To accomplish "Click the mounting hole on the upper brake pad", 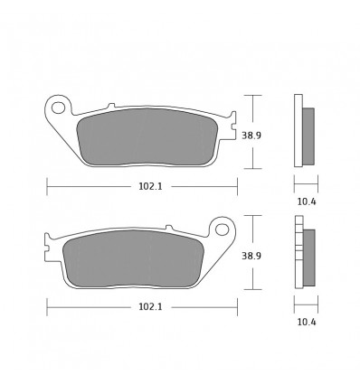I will click(61, 108).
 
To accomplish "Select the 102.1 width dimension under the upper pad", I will click(143, 188).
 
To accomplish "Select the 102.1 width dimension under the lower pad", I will click(143, 306).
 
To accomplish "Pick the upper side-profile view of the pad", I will click(306, 132).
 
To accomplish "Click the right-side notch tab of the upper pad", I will click(232, 120).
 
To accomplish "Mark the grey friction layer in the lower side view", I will click(308, 256).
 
